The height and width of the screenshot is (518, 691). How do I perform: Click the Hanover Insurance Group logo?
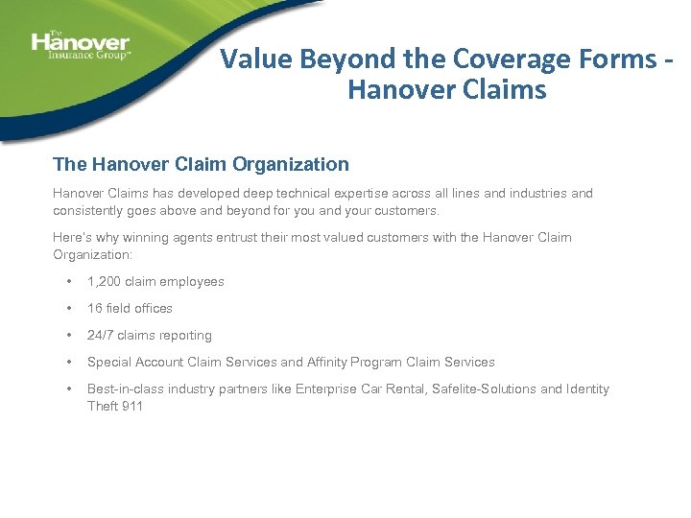pos(80,45)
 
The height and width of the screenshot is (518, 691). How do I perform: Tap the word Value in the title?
pos(256,59)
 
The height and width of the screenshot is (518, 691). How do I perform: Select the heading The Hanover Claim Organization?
pos(201,164)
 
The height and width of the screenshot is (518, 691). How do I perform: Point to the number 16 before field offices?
pos(95,309)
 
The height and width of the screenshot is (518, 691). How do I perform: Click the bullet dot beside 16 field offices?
pos(68,309)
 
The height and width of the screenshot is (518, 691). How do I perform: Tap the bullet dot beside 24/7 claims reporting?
pos(68,336)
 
